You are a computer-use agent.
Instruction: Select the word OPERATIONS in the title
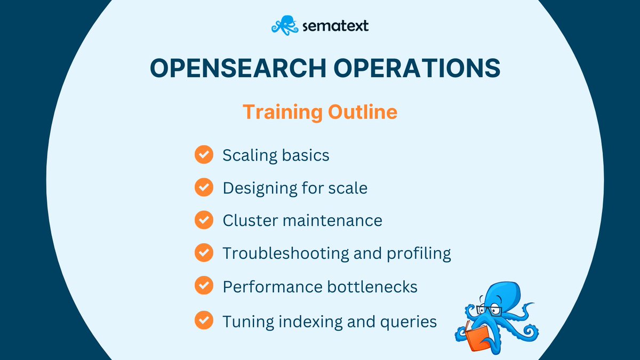(x=417, y=69)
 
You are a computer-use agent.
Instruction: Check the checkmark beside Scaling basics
(x=204, y=155)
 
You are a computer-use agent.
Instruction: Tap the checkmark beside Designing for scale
(x=204, y=188)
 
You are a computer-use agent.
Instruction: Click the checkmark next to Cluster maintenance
(x=204, y=220)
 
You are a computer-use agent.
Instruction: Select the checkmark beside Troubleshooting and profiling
(x=204, y=253)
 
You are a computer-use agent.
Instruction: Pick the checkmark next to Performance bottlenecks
(x=204, y=286)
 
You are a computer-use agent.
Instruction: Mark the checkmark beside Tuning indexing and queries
(x=204, y=321)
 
